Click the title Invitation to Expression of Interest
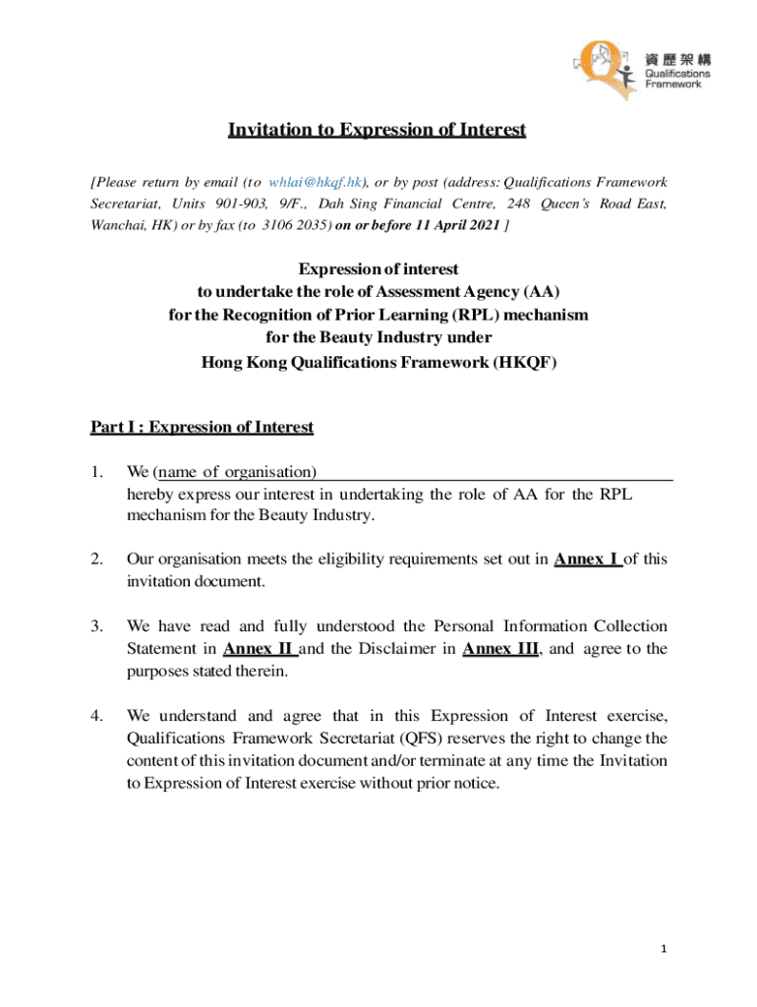coord(378,130)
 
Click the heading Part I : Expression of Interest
coord(202,427)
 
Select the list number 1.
coord(96,473)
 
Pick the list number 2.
coord(96,560)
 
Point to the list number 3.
coord(96,626)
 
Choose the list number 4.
coord(96,716)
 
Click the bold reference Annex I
coord(587,560)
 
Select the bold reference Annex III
coord(499,649)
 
